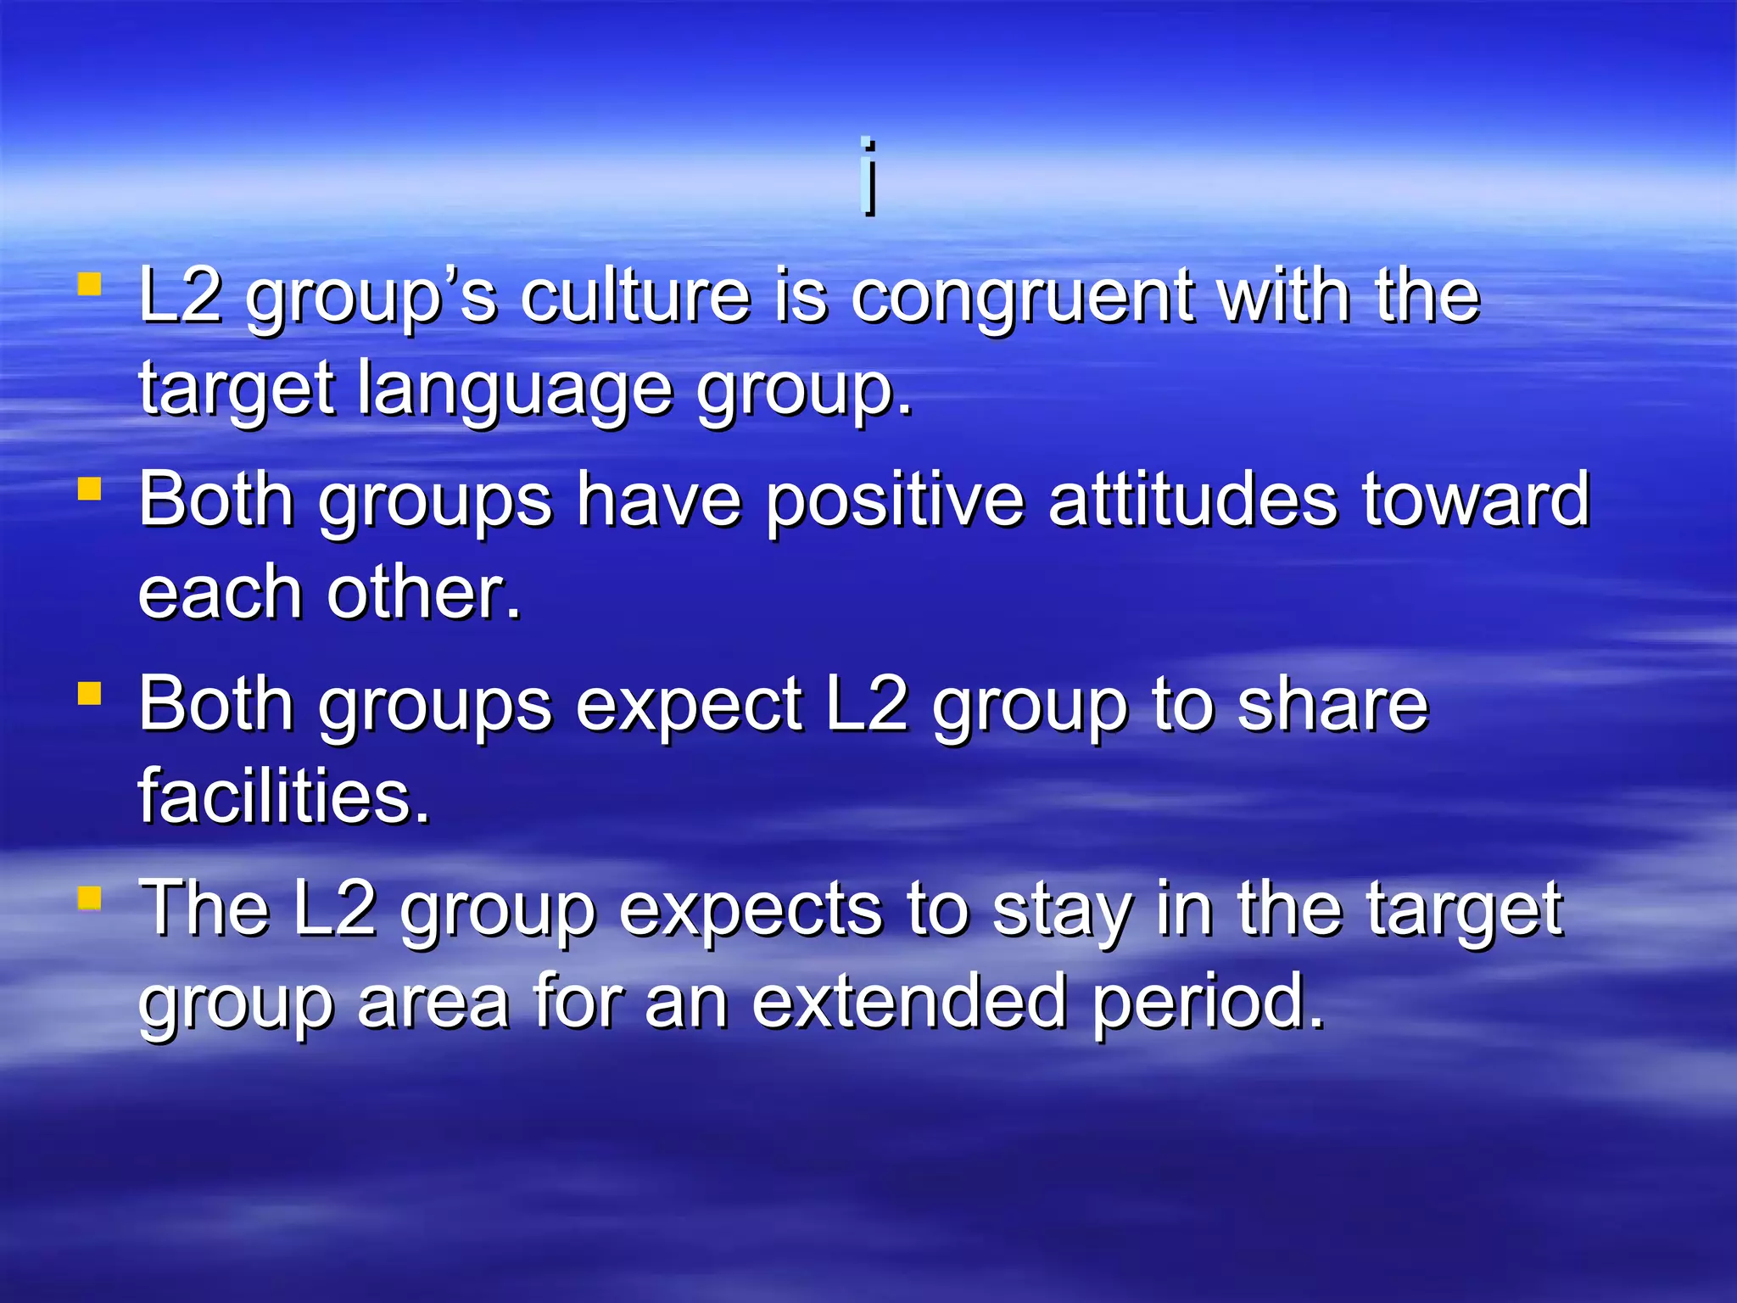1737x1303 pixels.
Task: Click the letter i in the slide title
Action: pyautogui.click(x=868, y=176)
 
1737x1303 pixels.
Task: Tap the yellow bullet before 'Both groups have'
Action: pyautogui.click(x=89, y=489)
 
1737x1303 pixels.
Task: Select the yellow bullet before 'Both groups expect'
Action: pyautogui.click(x=89, y=693)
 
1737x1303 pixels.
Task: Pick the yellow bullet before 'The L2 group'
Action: pyautogui.click(x=89, y=898)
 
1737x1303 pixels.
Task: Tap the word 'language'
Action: pyautogui.click(x=515, y=390)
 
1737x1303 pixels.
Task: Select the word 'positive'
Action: pyautogui.click(x=896, y=502)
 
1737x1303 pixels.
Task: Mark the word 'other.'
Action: pyautogui.click(x=424, y=593)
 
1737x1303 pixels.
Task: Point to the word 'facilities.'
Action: pyautogui.click(x=285, y=797)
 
